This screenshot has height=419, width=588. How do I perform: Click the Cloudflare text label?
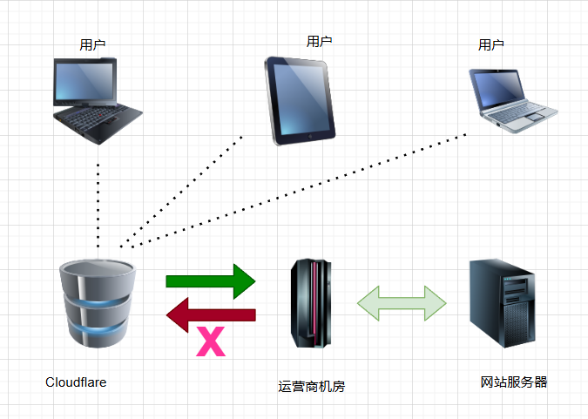[x=76, y=382]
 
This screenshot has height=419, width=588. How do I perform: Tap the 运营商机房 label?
[x=312, y=387]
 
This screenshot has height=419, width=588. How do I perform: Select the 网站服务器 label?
[x=514, y=382]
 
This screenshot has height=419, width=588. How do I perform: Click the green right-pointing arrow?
[x=211, y=280]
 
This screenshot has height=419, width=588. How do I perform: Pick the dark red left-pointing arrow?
[x=211, y=314]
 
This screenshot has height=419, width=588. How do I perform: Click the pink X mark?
[x=211, y=341]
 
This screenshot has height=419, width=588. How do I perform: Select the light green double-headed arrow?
[x=402, y=302]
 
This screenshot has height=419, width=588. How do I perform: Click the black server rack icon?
[x=311, y=301]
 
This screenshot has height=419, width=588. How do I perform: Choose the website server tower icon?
[x=503, y=301]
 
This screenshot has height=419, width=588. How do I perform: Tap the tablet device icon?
[x=300, y=99]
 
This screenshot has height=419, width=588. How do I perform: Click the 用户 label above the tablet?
[x=319, y=41]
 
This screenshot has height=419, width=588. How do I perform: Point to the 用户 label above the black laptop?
[x=92, y=44]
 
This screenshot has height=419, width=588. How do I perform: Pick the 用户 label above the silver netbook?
[x=490, y=44]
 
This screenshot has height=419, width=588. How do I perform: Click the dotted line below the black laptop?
[x=98, y=200]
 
